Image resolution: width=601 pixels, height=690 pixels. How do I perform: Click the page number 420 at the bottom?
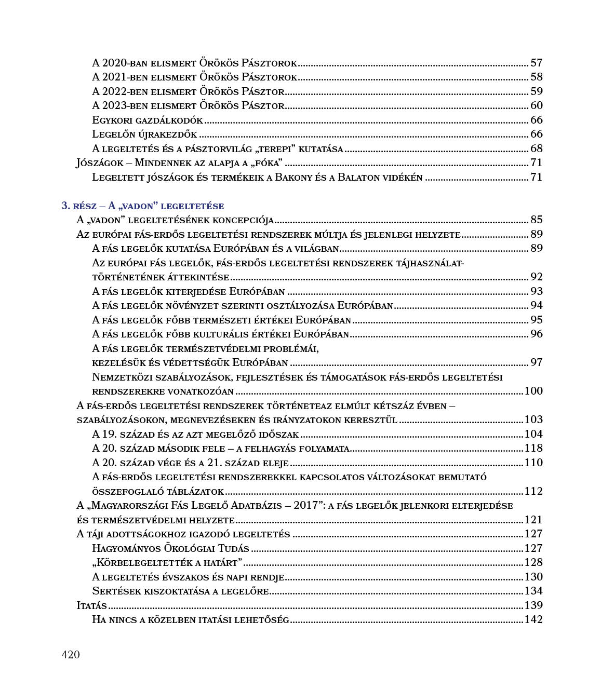pyautogui.click(x=71, y=655)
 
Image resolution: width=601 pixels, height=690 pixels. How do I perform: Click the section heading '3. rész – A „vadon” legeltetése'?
pyautogui.click(x=143, y=206)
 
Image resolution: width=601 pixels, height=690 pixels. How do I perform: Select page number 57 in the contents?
pyautogui.click(x=536, y=63)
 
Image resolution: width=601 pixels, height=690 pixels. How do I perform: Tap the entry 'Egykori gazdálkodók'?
pyautogui.click(x=148, y=120)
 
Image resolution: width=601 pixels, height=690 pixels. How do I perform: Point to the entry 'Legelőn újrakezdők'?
pyautogui.click(x=145, y=134)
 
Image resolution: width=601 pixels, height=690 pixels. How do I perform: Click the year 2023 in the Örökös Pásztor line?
pyautogui.click(x=114, y=106)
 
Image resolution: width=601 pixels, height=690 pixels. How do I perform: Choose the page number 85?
pyautogui.click(x=536, y=220)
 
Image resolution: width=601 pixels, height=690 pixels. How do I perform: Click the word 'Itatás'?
pyautogui.click(x=91, y=605)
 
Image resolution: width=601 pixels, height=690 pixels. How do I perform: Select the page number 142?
pyautogui.click(x=533, y=619)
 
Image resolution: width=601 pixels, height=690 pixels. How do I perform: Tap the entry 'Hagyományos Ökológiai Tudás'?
pyautogui.click(x=170, y=548)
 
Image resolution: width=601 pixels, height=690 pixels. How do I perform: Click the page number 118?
pyautogui.click(x=533, y=448)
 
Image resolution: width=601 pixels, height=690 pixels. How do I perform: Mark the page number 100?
pyautogui.click(x=533, y=391)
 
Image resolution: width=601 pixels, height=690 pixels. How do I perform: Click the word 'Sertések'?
pyautogui.click(x=112, y=591)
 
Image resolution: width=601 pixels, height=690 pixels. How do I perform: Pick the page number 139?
pyautogui.click(x=533, y=605)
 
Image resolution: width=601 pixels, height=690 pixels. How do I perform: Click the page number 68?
pyautogui.click(x=536, y=149)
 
